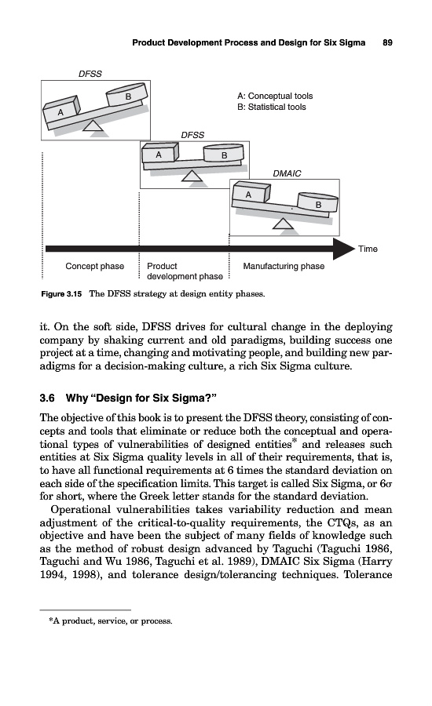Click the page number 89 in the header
(x=387, y=43)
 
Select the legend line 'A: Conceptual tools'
(x=275, y=96)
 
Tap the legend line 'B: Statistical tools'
(x=272, y=107)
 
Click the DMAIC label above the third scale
(x=287, y=173)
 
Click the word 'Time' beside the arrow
(x=368, y=249)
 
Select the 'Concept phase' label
(x=95, y=266)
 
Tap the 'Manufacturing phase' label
(x=284, y=266)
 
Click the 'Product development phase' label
(x=185, y=271)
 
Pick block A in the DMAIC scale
(x=251, y=194)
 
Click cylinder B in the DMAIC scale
(x=318, y=202)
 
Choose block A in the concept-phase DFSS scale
(x=61, y=111)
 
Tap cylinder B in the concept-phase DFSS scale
(x=127, y=95)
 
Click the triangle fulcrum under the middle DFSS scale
(x=192, y=176)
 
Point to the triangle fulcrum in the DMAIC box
(x=284, y=224)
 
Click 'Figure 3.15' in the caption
(x=61, y=294)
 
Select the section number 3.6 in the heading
(x=47, y=398)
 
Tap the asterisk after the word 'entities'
(x=295, y=441)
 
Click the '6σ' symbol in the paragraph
(x=386, y=484)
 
